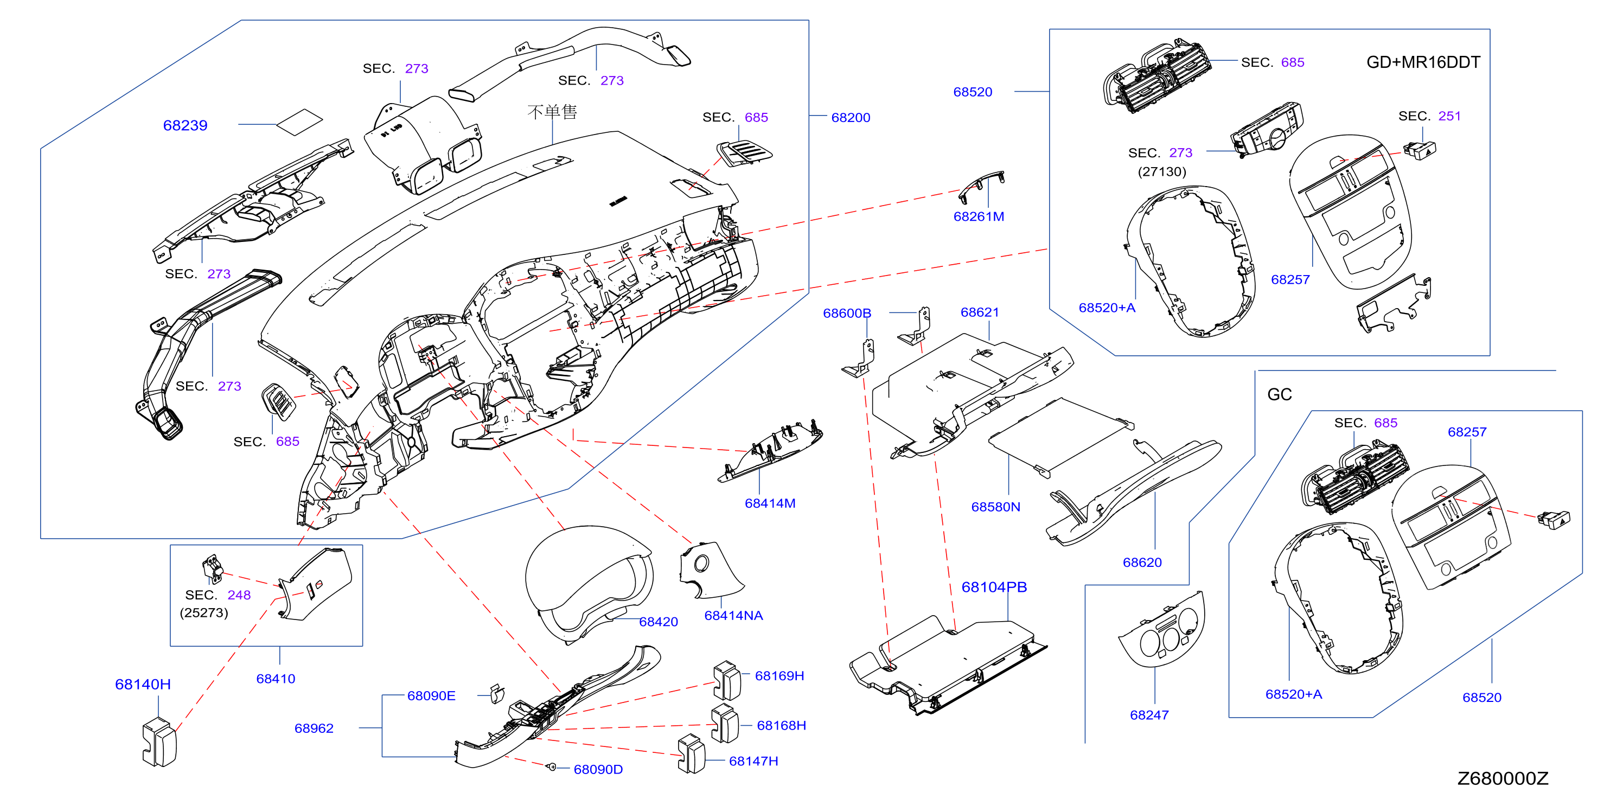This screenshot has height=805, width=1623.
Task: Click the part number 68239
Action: coord(185,125)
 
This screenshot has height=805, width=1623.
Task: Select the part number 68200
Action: coord(851,118)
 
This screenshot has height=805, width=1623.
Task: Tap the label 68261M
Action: coord(979,216)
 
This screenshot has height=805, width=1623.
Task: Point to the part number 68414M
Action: coord(770,503)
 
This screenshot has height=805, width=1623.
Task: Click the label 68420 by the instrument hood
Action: coord(659,622)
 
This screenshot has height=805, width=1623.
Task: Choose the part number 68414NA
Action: coord(733,615)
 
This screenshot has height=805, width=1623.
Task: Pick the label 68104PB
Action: coord(994,587)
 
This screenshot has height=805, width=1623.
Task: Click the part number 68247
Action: coord(1149,715)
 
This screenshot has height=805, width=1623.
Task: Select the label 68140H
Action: coord(143,684)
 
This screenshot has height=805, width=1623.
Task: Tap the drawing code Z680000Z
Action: coord(1503,778)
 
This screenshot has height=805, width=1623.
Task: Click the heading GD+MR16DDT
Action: coord(1423,62)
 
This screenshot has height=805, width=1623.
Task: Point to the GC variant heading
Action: coord(1280,394)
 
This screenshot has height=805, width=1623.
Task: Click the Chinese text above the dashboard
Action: coord(552,112)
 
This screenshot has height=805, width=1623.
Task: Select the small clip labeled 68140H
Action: coord(159,743)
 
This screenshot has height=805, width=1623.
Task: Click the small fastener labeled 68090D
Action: coord(551,766)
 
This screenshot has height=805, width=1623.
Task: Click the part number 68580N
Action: coord(995,507)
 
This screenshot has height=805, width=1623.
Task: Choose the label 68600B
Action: coord(847,313)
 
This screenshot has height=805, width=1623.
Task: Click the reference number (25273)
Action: coord(204,613)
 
